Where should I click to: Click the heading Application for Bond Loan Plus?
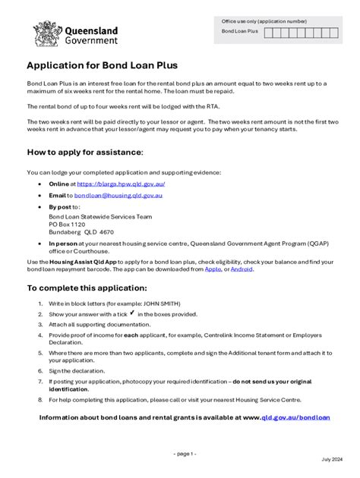(x=103, y=66)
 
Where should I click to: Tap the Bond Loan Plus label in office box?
(x=239, y=32)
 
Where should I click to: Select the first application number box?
(x=268, y=32)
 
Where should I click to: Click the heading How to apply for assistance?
(x=85, y=152)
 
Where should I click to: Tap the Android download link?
(x=242, y=269)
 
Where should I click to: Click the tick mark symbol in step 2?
(x=132, y=312)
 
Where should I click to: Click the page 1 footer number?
(x=185, y=454)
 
